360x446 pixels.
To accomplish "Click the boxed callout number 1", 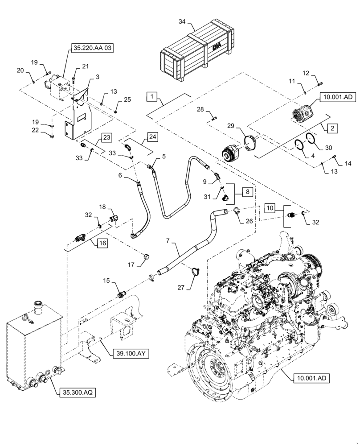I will point(152,96).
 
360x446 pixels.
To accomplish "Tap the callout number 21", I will point(86,66).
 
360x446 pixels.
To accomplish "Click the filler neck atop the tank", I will point(37,307).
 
